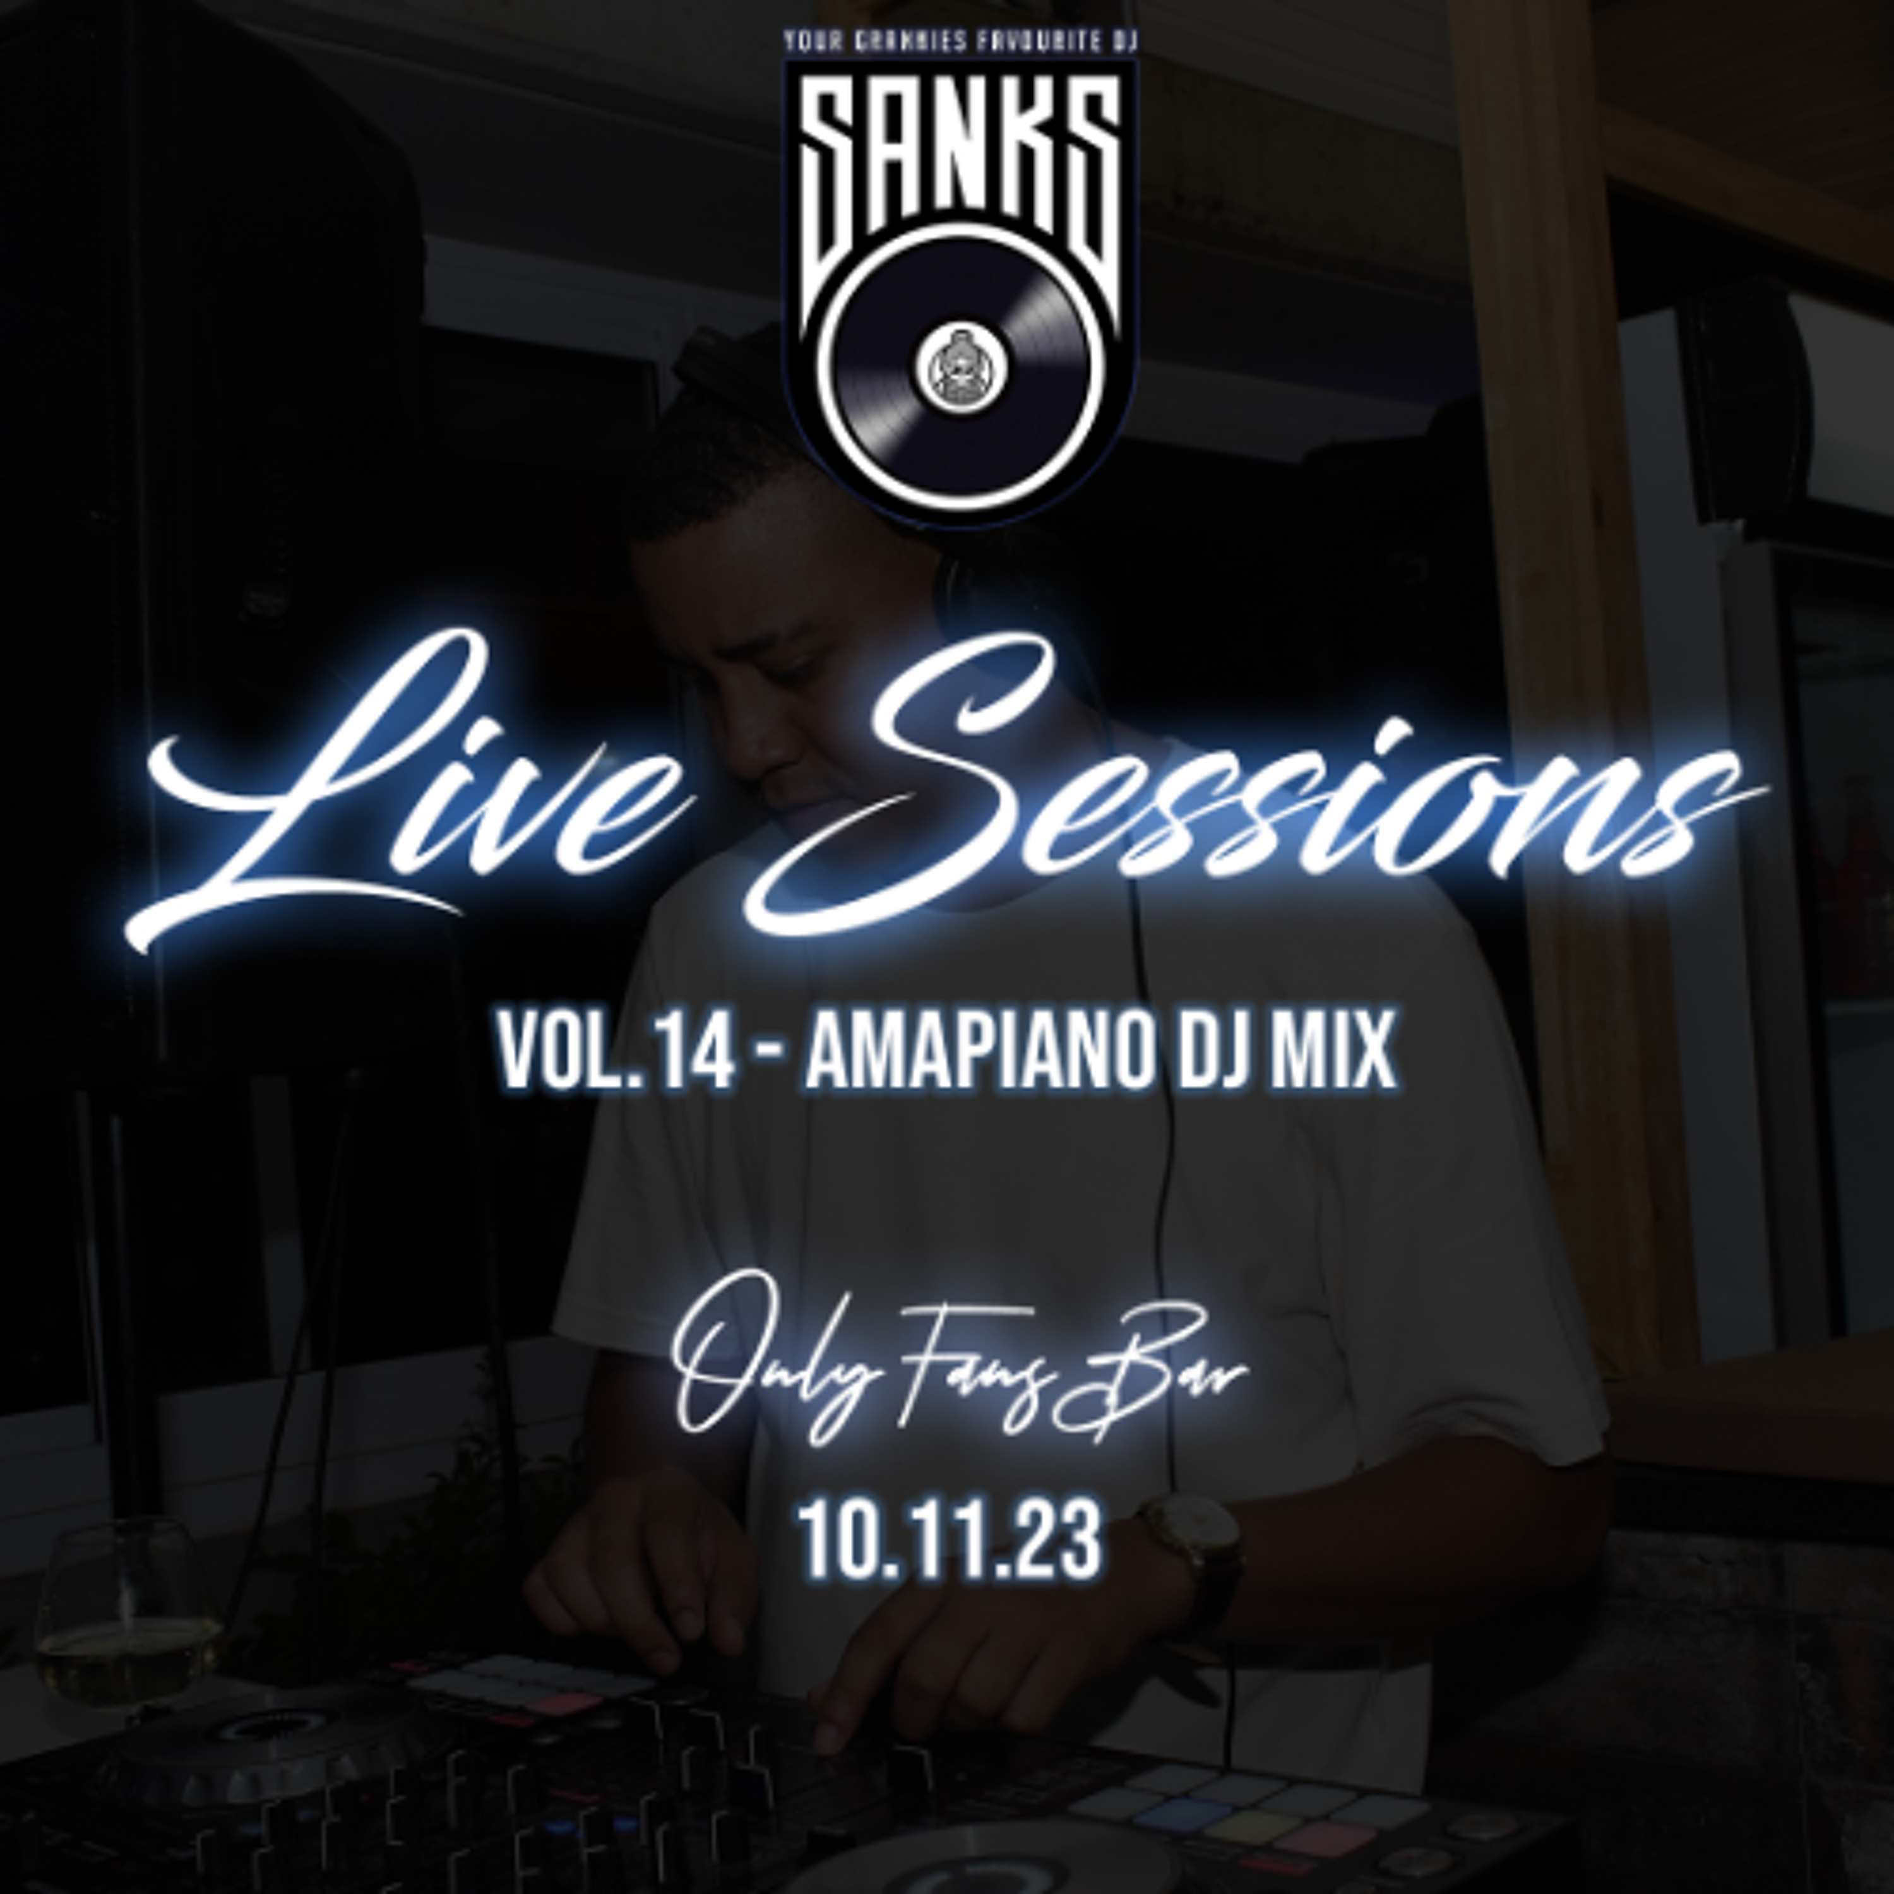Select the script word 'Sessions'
tap(1255, 784)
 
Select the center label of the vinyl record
tap(959, 367)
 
